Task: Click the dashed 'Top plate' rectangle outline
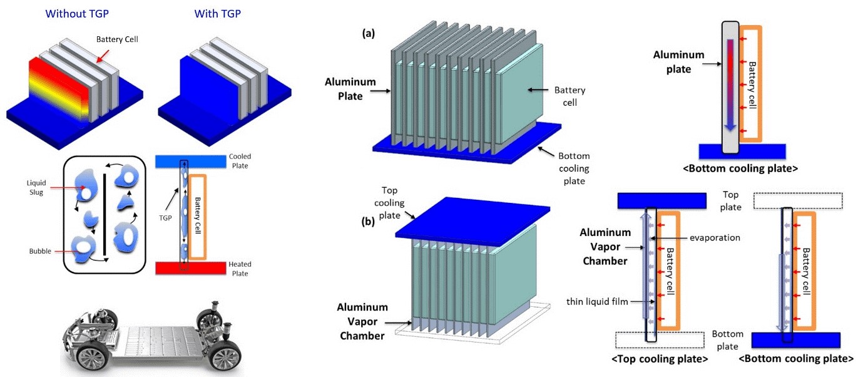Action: [795, 200]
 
